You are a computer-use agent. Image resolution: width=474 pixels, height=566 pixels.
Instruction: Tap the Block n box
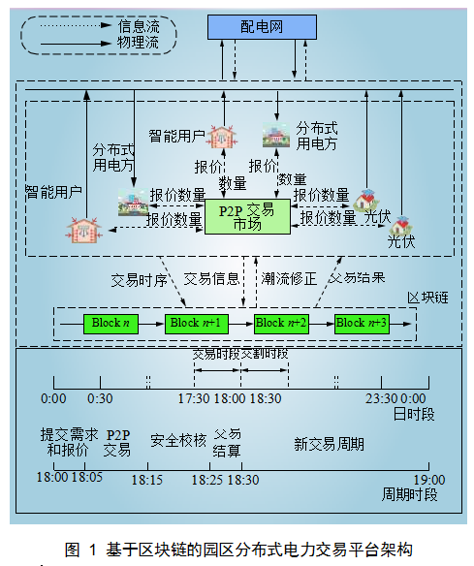pyautogui.click(x=110, y=323)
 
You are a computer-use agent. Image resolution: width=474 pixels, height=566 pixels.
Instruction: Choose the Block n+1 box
pyautogui.click(x=194, y=323)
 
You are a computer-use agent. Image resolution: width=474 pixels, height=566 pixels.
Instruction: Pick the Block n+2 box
pyautogui.click(x=280, y=323)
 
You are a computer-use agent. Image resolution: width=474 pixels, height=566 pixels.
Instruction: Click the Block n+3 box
pyautogui.click(x=362, y=323)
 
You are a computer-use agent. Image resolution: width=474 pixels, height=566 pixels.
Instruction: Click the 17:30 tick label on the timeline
pyautogui.click(x=195, y=398)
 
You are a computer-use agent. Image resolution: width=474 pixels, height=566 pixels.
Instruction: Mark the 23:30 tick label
pyautogui.click(x=381, y=398)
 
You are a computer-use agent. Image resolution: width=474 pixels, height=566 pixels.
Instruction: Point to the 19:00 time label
pyautogui.click(x=428, y=479)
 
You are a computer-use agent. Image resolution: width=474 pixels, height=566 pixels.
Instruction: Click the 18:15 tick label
pyautogui.click(x=147, y=479)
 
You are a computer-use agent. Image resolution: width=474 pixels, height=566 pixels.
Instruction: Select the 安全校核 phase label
pyautogui.click(x=177, y=441)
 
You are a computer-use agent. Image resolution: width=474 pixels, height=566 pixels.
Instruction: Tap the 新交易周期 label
pyautogui.click(x=330, y=444)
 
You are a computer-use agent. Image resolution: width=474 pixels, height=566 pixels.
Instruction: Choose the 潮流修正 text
pyautogui.click(x=289, y=278)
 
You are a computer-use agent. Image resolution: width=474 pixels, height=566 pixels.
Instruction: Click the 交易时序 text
pyautogui.click(x=138, y=278)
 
